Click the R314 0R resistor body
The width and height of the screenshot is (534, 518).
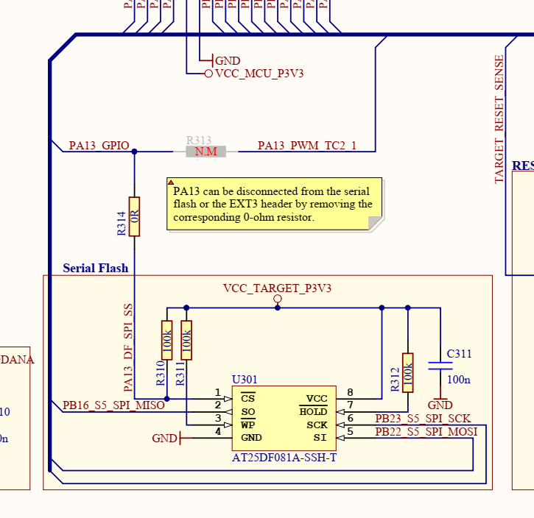coord(134,216)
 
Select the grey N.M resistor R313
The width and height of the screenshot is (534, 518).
coord(205,152)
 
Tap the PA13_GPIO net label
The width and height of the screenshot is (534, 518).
coord(99,146)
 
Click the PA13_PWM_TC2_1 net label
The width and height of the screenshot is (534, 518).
coord(306,146)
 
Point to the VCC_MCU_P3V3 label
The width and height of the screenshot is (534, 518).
coord(259,74)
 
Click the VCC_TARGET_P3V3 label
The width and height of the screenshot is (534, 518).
coord(277,288)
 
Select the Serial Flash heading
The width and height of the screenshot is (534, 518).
coord(96,268)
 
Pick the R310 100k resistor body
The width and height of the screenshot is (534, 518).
coord(166,340)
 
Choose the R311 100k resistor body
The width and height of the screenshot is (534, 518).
coord(186,340)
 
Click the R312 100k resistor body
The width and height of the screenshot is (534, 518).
coord(407,372)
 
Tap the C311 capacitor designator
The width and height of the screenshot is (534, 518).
coord(459,354)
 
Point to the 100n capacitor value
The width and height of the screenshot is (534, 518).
coord(458,380)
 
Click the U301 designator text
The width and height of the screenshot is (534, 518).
coord(245,380)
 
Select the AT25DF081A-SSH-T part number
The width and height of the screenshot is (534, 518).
coord(284,457)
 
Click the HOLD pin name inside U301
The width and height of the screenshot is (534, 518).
coord(313,412)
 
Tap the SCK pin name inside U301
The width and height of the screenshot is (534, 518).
coord(317,425)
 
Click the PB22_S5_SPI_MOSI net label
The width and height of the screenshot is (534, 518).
coord(426,431)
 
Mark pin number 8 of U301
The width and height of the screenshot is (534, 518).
coord(350,393)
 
